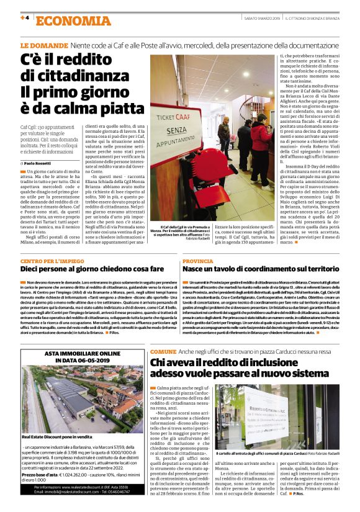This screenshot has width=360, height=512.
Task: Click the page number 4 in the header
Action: [x=27, y=18]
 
